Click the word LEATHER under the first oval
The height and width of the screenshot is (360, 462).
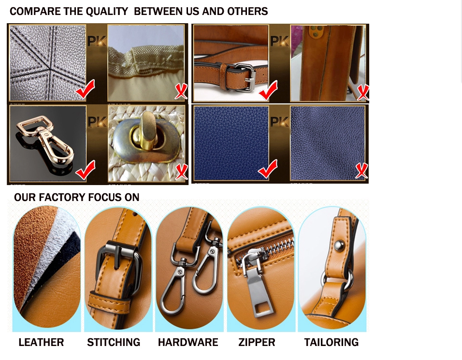tap(41, 343)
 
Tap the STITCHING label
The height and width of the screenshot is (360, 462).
tap(114, 343)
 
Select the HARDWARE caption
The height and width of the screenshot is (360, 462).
tap(188, 343)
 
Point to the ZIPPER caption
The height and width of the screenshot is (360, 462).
tap(257, 343)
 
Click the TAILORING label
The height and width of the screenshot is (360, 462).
tap(332, 343)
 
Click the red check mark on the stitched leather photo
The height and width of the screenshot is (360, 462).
tap(85, 90)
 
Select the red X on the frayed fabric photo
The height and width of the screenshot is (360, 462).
tap(181, 91)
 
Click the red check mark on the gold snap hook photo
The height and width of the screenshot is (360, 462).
tap(85, 171)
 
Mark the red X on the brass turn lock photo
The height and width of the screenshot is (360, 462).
tap(181, 172)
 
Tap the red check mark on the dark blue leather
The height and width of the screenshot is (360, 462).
tap(267, 170)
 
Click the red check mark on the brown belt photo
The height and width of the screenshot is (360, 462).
tap(267, 90)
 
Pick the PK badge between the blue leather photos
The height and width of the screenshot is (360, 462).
tap(280, 121)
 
